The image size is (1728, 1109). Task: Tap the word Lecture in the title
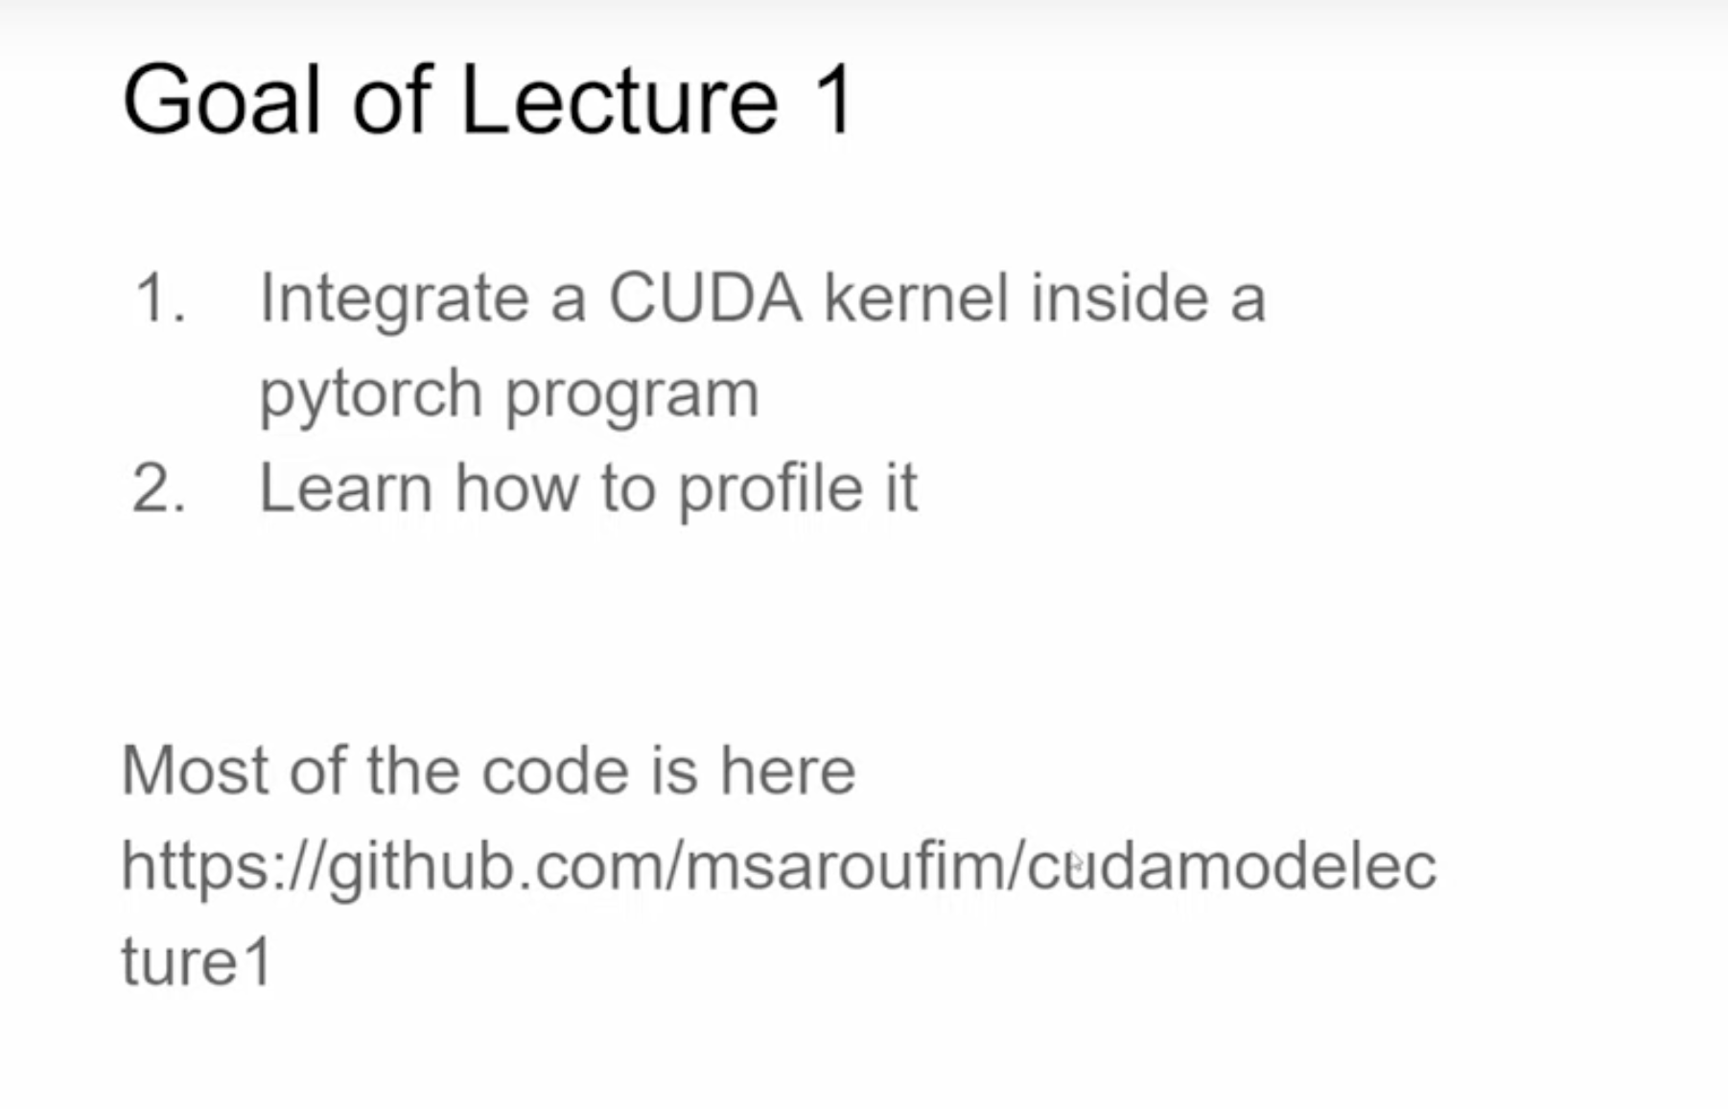coord(619,100)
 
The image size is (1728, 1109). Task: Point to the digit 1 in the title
coord(833,100)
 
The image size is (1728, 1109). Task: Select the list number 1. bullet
coord(160,298)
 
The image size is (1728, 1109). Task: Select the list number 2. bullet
coord(158,488)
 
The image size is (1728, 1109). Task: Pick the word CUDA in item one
coord(705,298)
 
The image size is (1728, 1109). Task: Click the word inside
coord(1119,298)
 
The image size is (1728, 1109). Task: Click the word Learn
coord(346,488)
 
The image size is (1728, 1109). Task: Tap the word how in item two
coord(517,488)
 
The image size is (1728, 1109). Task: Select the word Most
coord(195,770)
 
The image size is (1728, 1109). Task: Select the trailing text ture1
coord(198,961)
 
